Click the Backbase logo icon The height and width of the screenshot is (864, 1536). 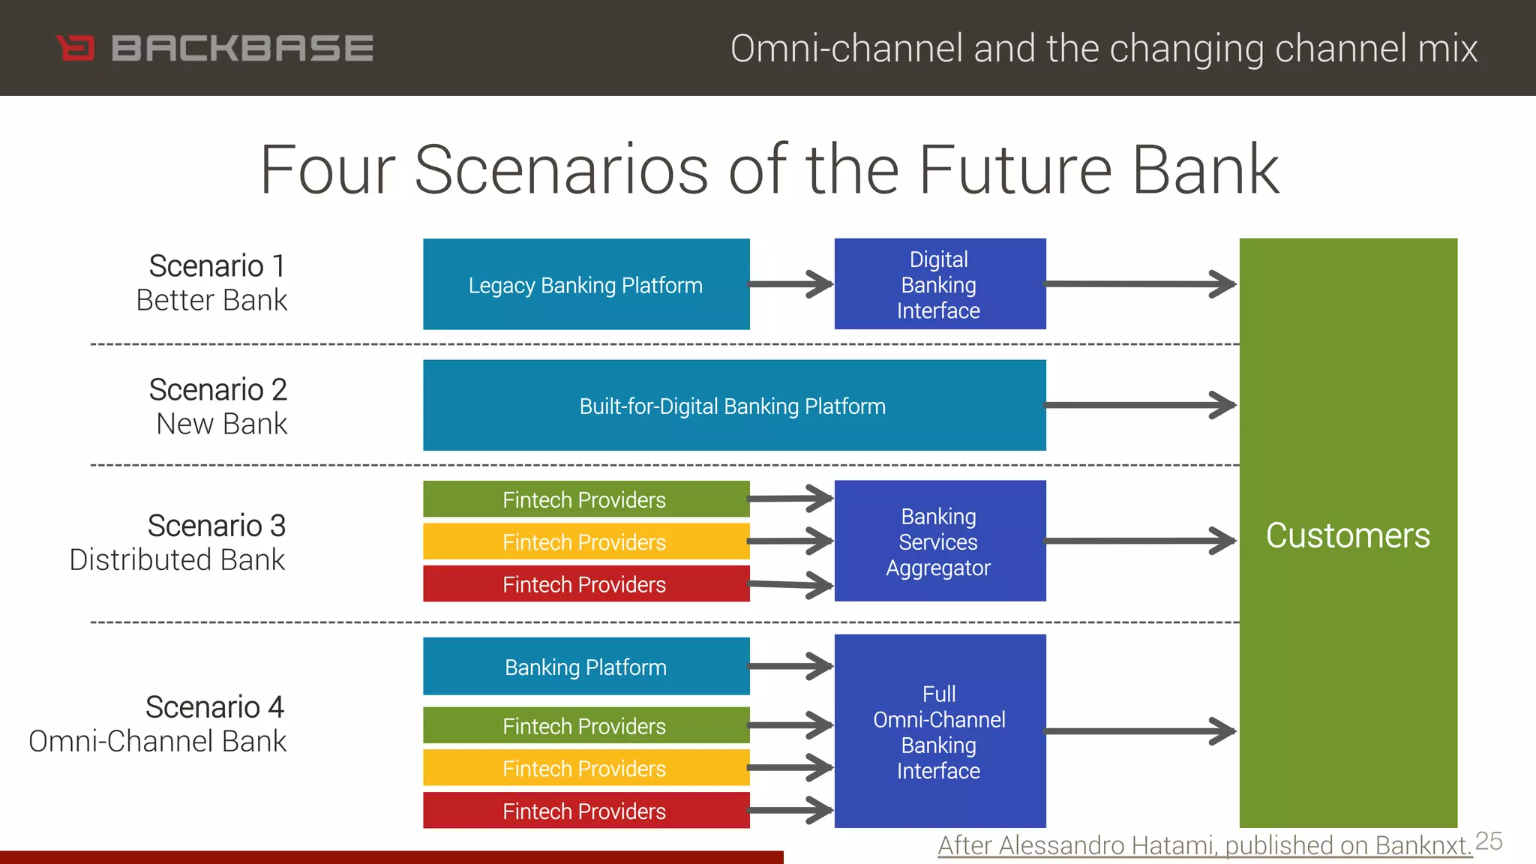pyautogui.click(x=76, y=48)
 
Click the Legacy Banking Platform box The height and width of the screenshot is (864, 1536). pyautogui.click(x=586, y=284)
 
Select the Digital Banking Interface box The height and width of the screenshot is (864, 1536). pyautogui.click(x=940, y=284)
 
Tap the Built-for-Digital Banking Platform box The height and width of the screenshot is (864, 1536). pyautogui.click(x=733, y=406)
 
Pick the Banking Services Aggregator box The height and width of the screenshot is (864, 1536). pyautogui.click(x=940, y=541)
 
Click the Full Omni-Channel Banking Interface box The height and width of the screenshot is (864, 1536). pyautogui.click(x=940, y=731)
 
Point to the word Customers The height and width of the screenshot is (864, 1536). pyautogui.click(x=1348, y=535)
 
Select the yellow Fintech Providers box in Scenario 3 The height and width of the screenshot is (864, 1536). pyautogui.click(x=586, y=541)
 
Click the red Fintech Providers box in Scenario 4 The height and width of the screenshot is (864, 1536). pyautogui.click(x=586, y=811)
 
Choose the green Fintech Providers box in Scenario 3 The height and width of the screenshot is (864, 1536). pyautogui.click(x=586, y=499)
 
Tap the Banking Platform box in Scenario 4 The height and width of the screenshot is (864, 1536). pyautogui.click(x=586, y=667)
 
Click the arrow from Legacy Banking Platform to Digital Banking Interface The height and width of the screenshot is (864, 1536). pyautogui.click(x=791, y=284)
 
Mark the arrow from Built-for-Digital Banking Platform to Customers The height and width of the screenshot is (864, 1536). pyautogui.click(x=1140, y=405)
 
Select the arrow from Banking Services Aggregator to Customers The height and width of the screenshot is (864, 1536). pyautogui.click(x=1140, y=541)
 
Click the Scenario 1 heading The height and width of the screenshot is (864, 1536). pyautogui.click(x=217, y=265)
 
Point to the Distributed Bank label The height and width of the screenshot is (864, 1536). pyautogui.click(x=177, y=560)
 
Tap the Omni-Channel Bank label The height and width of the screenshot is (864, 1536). pyautogui.click(x=157, y=741)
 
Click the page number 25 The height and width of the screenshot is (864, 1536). pyautogui.click(x=1489, y=841)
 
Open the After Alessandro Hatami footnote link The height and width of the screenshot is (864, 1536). pyautogui.click(x=1204, y=845)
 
